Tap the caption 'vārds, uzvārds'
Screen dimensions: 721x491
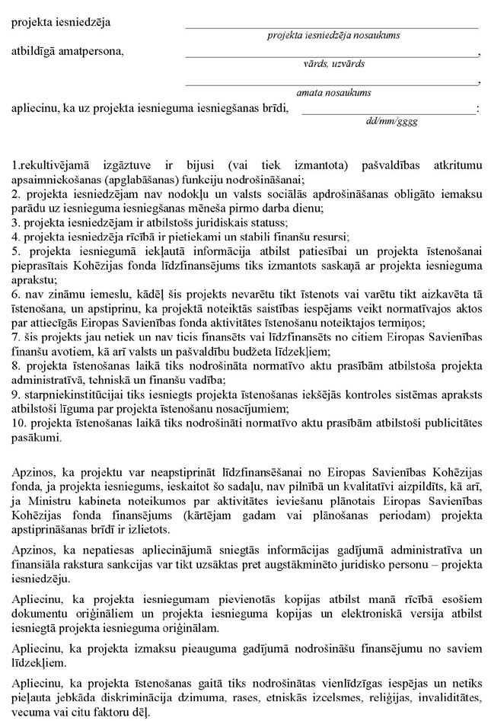333,64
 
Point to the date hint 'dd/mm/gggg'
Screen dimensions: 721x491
391,120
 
